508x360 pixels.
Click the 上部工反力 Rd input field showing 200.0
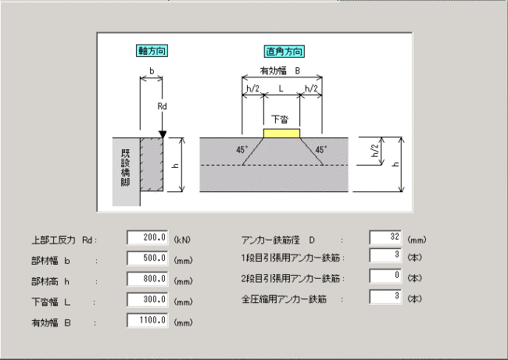click(148, 237)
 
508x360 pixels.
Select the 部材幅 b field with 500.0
click(148, 258)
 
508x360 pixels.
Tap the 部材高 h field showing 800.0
click(148, 279)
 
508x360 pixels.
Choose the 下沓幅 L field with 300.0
click(148, 300)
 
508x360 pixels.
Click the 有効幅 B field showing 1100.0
click(148, 320)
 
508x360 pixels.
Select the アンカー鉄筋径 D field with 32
click(385, 237)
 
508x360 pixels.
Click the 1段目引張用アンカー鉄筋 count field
click(385, 255)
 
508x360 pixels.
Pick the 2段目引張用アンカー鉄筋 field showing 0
click(385, 276)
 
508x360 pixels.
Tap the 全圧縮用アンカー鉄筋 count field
click(385, 297)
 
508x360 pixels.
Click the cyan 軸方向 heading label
click(152, 51)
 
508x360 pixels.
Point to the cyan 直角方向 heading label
click(284, 52)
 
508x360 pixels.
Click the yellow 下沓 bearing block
click(281, 134)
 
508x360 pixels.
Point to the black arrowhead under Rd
click(163, 134)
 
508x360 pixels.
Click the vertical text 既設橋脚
click(126, 168)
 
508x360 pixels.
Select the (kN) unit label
click(182, 240)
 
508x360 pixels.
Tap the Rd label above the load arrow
click(162, 106)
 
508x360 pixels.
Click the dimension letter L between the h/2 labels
click(281, 88)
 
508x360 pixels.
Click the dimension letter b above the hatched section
click(152, 71)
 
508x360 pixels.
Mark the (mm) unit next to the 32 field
click(417, 240)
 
